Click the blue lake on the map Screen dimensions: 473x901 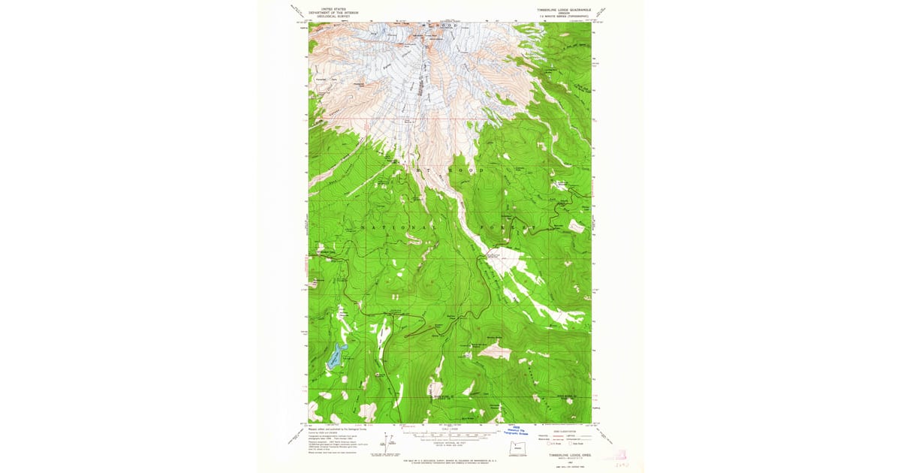(336, 356)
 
